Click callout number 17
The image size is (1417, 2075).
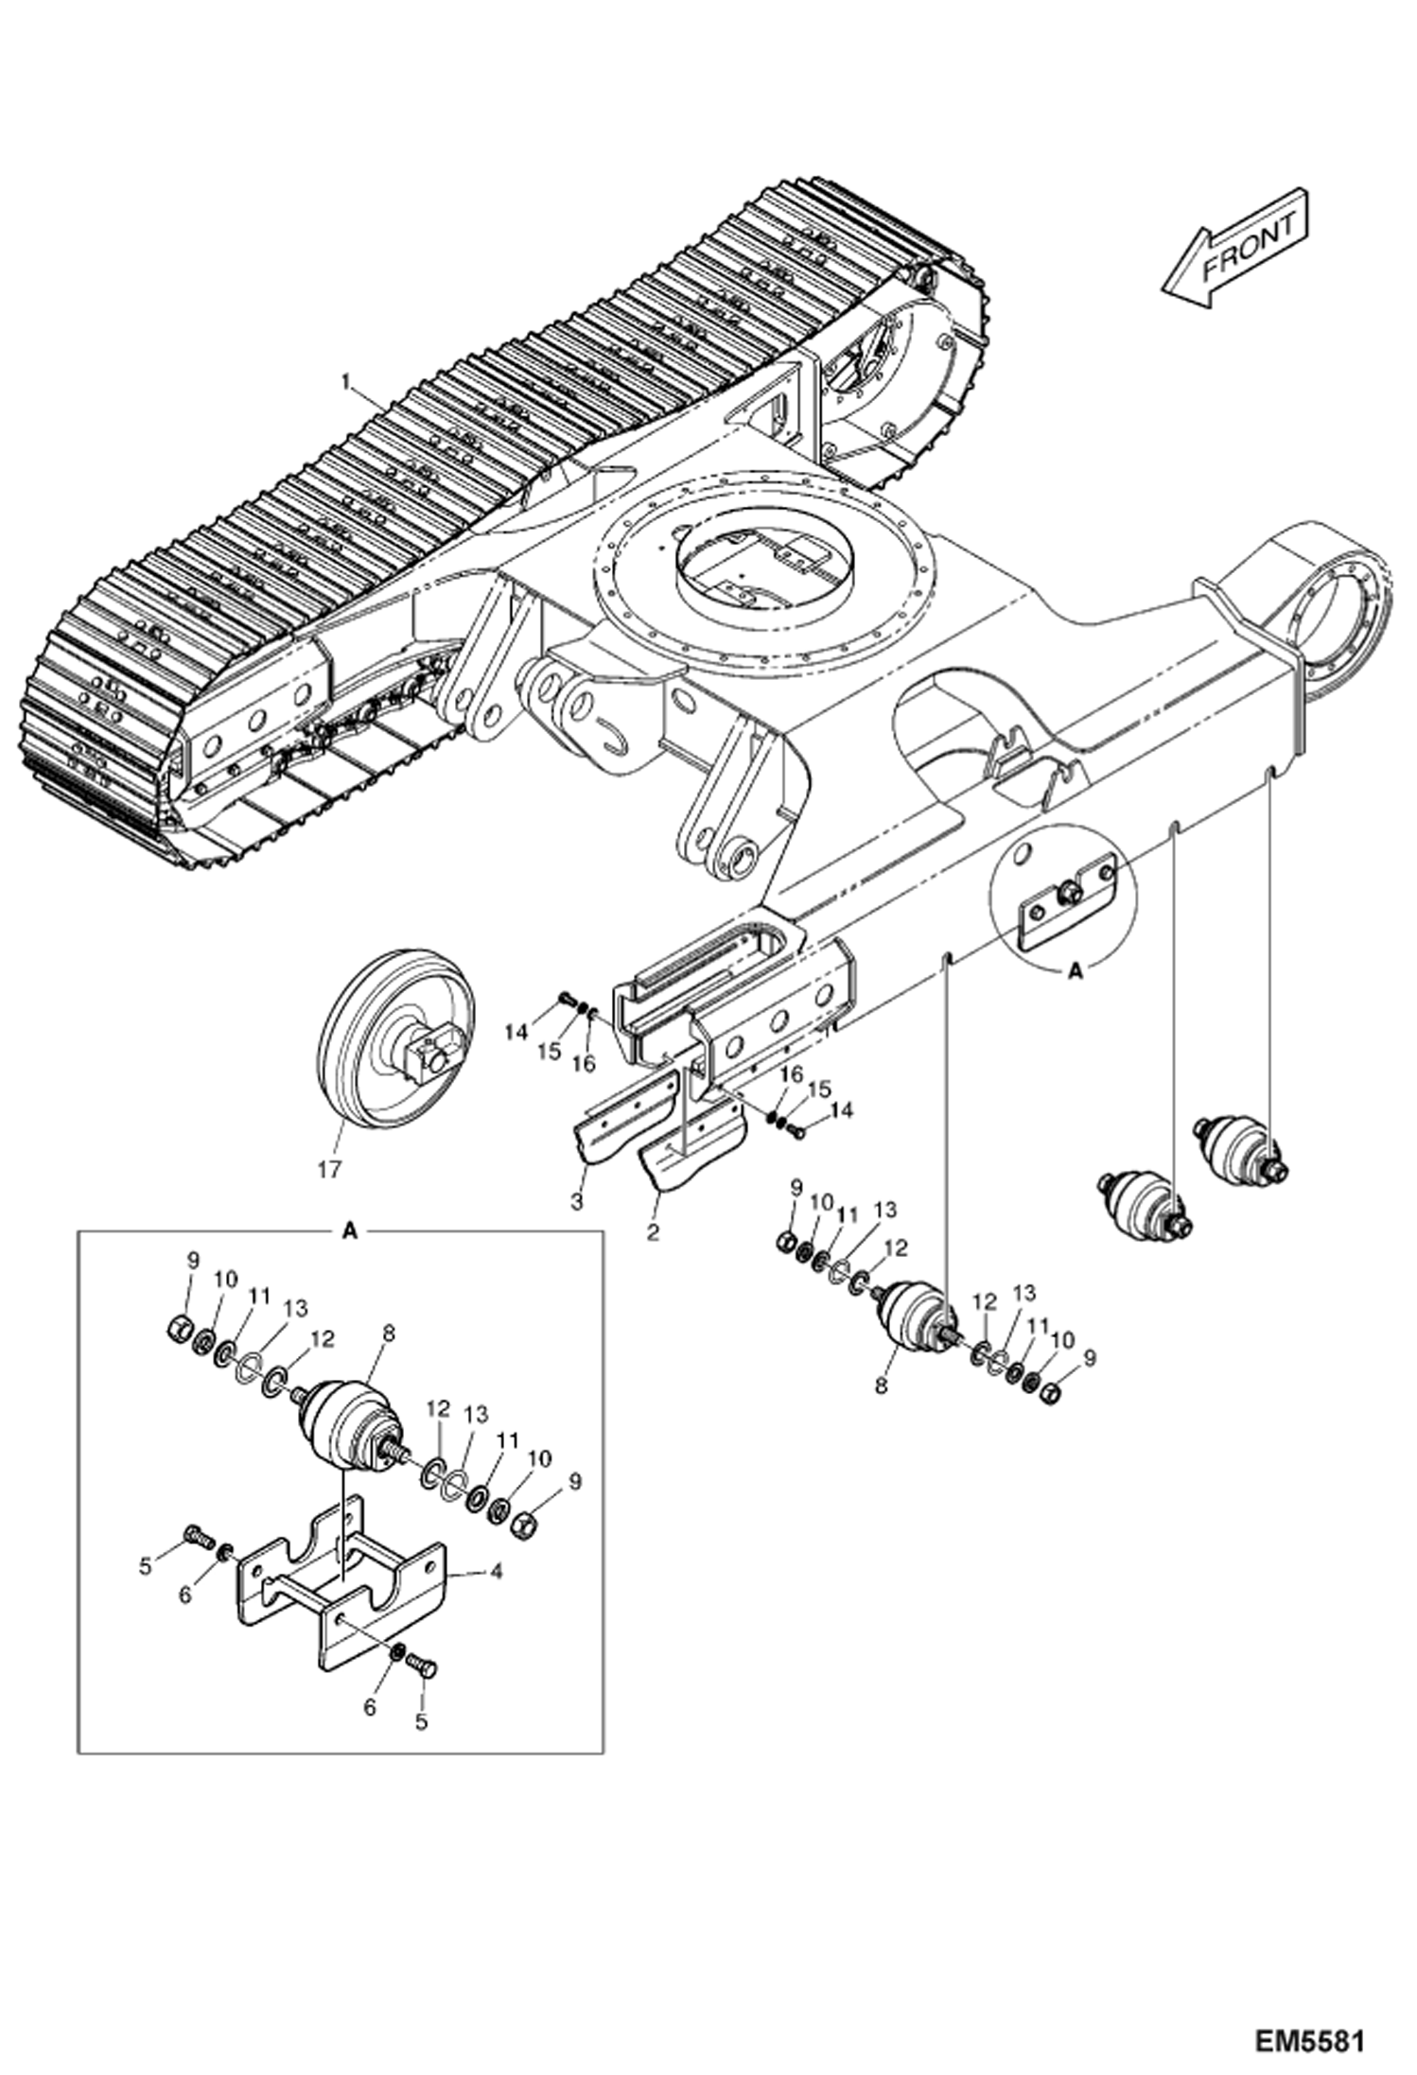[x=328, y=1170]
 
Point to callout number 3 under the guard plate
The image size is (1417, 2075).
[x=576, y=1203]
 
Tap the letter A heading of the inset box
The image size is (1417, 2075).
[x=350, y=1230]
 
